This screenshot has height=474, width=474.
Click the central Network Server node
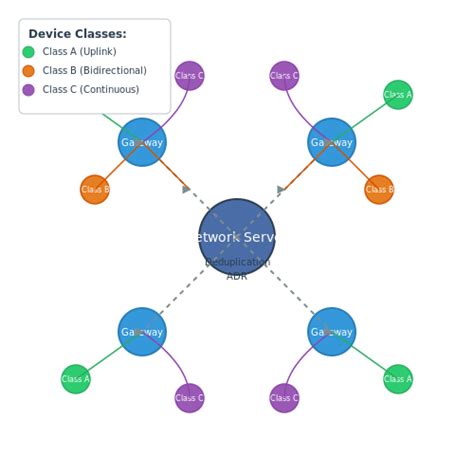click(x=237, y=237)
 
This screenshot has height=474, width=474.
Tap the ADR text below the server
click(x=237, y=277)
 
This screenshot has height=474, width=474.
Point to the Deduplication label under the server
click(x=237, y=263)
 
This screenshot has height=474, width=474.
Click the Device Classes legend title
click(x=77, y=34)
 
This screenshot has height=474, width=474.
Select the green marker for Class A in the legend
click(x=28, y=52)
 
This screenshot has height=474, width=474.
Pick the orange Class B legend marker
click(x=28, y=71)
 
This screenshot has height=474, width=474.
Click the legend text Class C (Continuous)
click(x=90, y=90)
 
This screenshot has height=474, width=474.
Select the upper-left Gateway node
click(x=142, y=142)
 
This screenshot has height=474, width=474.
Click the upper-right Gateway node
click(x=331, y=142)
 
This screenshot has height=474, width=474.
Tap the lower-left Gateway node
click(x=142, y=331)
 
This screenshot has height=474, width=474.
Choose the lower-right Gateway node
click(x=331, y=331)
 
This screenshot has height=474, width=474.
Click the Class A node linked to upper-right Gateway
click(x=398, y=95)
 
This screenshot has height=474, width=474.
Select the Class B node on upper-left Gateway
click(x=95, y=189)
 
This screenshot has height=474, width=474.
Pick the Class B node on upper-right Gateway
click(x=379, y=189)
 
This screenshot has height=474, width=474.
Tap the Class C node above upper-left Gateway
click(x=189, y=76)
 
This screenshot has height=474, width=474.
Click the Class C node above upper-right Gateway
click(x=284, y=76)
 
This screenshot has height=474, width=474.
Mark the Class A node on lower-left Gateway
click(x=76, y=379)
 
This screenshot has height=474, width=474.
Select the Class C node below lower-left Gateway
click(x=189, y=398)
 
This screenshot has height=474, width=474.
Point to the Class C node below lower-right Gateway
click(x=284, y=398)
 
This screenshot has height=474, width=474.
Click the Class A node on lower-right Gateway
click(x=398, y=379)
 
